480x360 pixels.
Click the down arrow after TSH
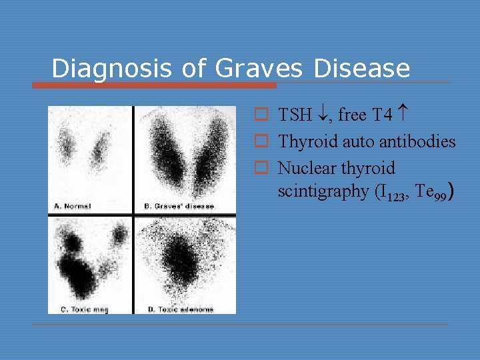[323, 115]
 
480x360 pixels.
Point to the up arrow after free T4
[403, 115]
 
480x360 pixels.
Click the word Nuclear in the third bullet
[303, 168]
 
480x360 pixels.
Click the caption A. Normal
[72, 206]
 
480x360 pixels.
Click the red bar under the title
[154, 85]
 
